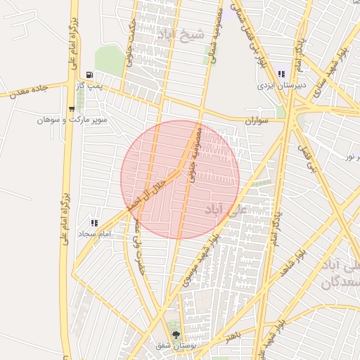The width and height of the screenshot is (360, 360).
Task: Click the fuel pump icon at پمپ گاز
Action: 89,75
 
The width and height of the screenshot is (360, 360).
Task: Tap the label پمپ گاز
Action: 89,85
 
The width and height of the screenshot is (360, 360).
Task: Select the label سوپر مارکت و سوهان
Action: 72,120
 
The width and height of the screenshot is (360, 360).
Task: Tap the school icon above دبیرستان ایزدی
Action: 281,75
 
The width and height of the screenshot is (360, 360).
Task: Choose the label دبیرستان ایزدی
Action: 280,85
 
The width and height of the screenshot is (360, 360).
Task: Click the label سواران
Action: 257,121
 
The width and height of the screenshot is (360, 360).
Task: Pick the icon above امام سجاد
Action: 95,222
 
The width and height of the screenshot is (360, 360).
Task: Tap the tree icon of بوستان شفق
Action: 175,335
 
